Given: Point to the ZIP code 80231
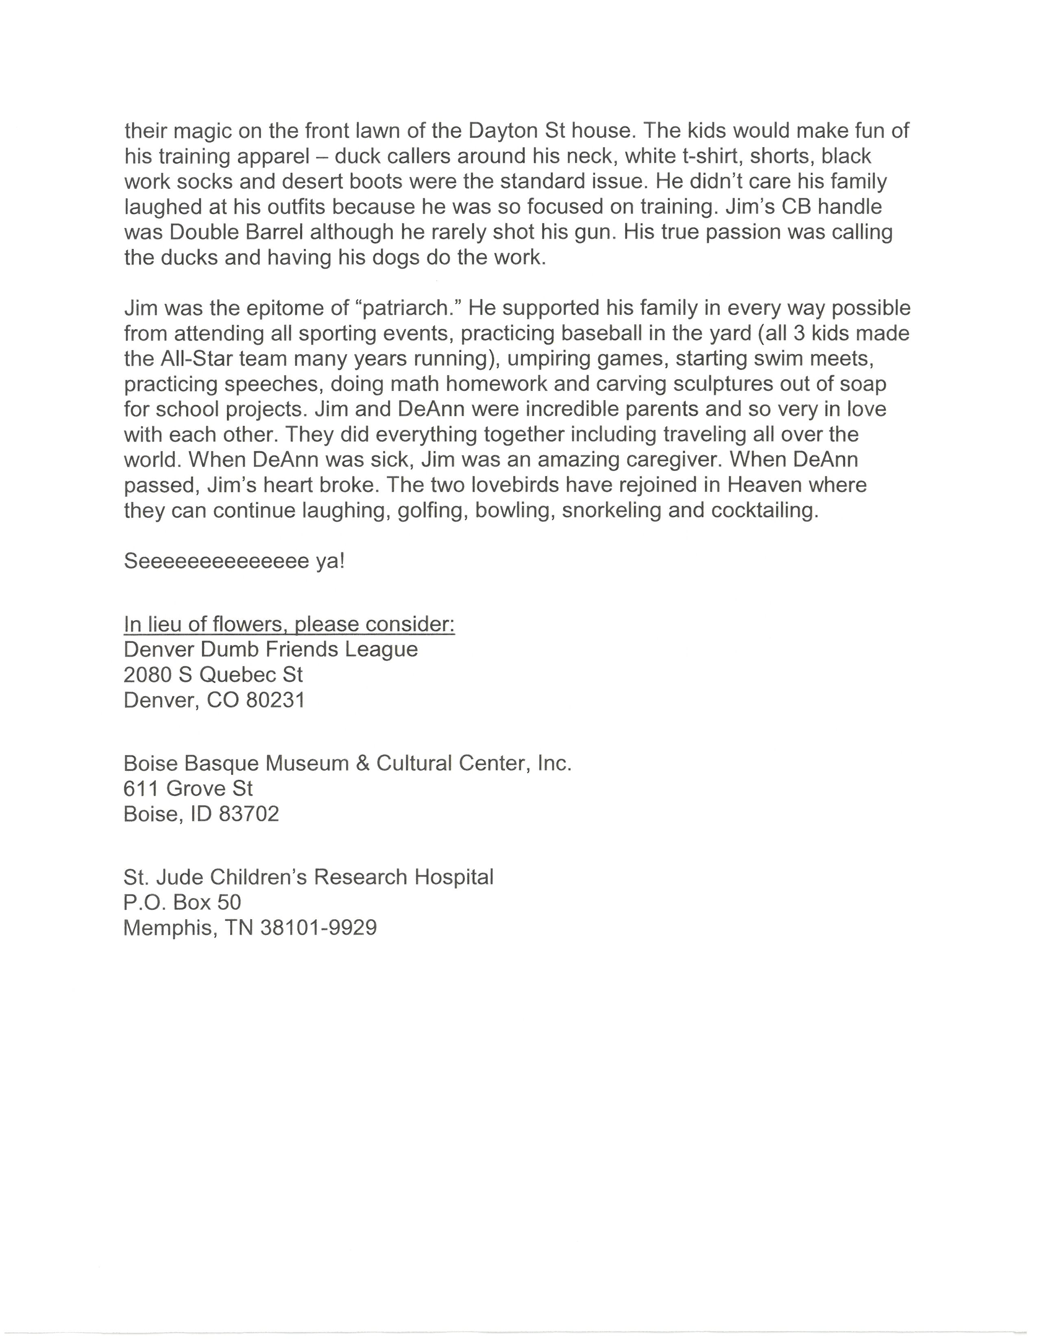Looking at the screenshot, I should tap(275, 700).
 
